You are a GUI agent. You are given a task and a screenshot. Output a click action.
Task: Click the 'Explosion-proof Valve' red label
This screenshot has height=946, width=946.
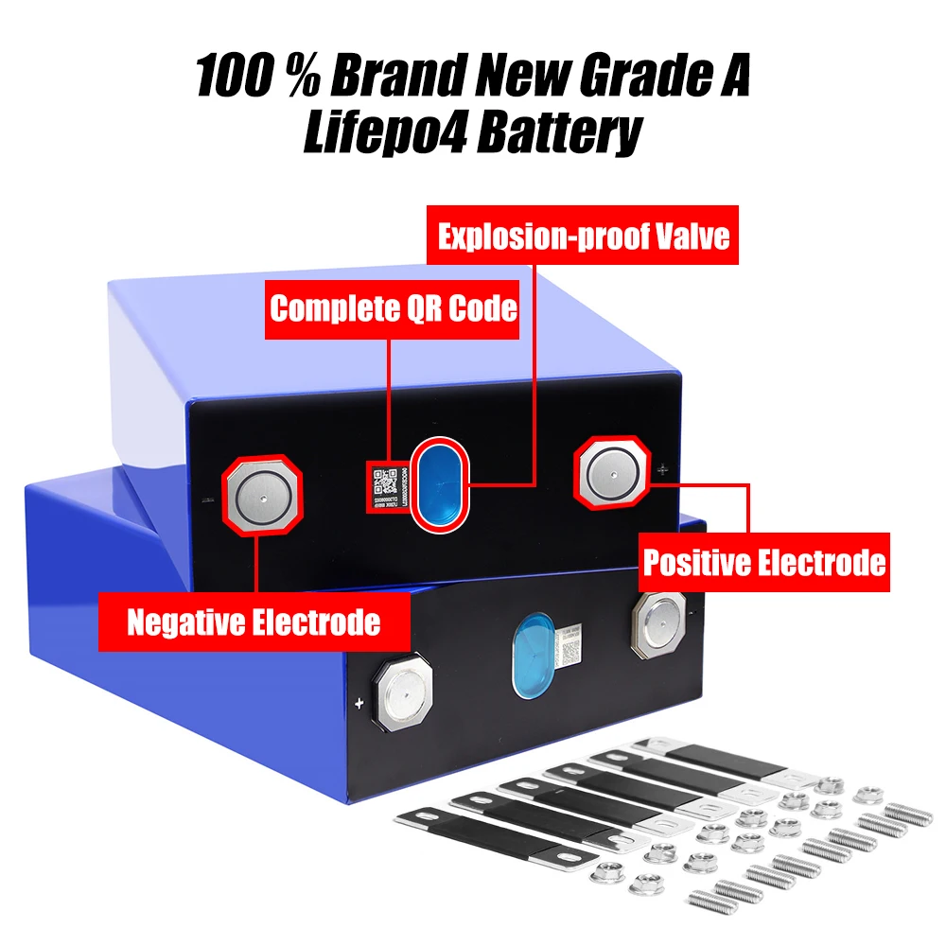click(x=584, y=236)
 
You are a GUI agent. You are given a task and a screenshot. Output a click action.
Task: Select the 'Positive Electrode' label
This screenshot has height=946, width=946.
click(x=764, y=562)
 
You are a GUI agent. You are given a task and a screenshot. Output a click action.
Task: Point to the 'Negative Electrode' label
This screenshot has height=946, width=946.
click(x=254, y=622)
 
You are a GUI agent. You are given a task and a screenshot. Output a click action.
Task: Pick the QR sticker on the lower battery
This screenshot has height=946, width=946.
click(x=571, y=646)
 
